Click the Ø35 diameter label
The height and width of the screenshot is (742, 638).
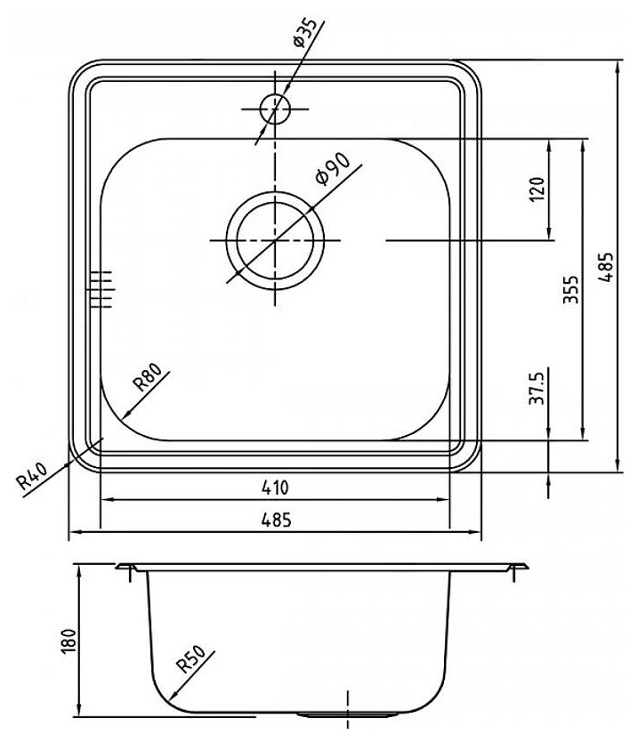(305, 33)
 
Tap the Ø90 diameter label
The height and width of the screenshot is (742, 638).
(333, 169)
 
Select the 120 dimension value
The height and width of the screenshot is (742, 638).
(537, 190)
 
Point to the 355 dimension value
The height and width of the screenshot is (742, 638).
(570, 290)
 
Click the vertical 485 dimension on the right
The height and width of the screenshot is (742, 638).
(606, 268)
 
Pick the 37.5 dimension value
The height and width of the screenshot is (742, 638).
(537, 388)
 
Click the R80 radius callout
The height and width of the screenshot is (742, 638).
(147, 377)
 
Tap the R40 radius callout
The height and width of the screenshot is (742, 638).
(32, 477)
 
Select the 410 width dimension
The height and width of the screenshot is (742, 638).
(275, 488)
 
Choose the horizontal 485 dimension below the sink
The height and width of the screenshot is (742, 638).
(276, 520)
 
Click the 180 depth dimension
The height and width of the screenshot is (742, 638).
(69, 641)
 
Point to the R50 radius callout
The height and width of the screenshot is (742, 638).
(190, 659)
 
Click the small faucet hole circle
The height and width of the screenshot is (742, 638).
(275, 109)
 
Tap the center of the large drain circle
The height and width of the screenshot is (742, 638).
(275, 240)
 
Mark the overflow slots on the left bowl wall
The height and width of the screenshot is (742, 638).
(101, 290)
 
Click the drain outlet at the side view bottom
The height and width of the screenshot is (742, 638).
(348, 714)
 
